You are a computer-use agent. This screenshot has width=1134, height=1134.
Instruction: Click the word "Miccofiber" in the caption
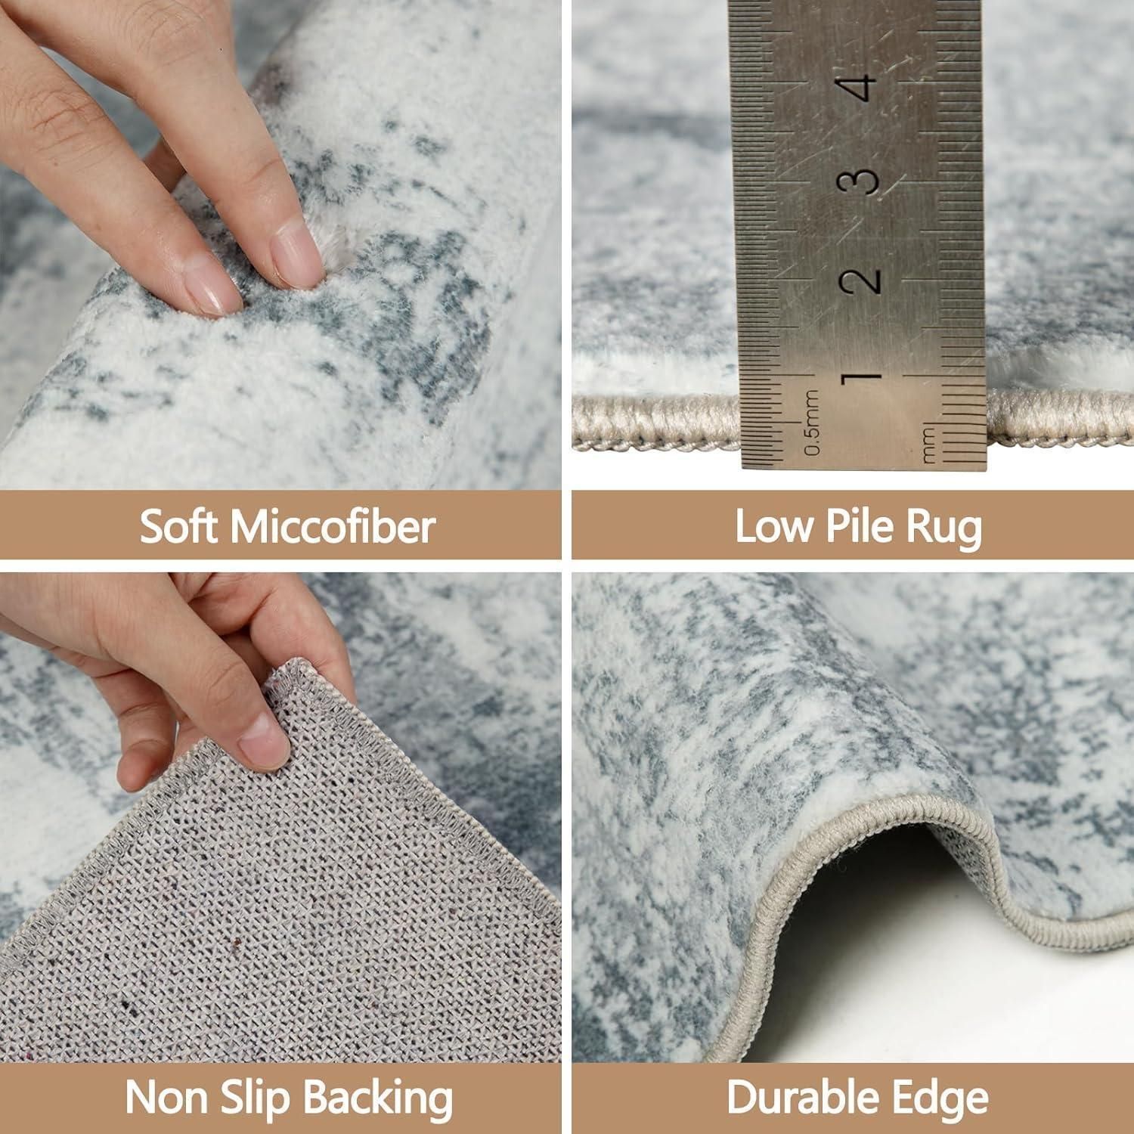(x=333, y=526)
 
